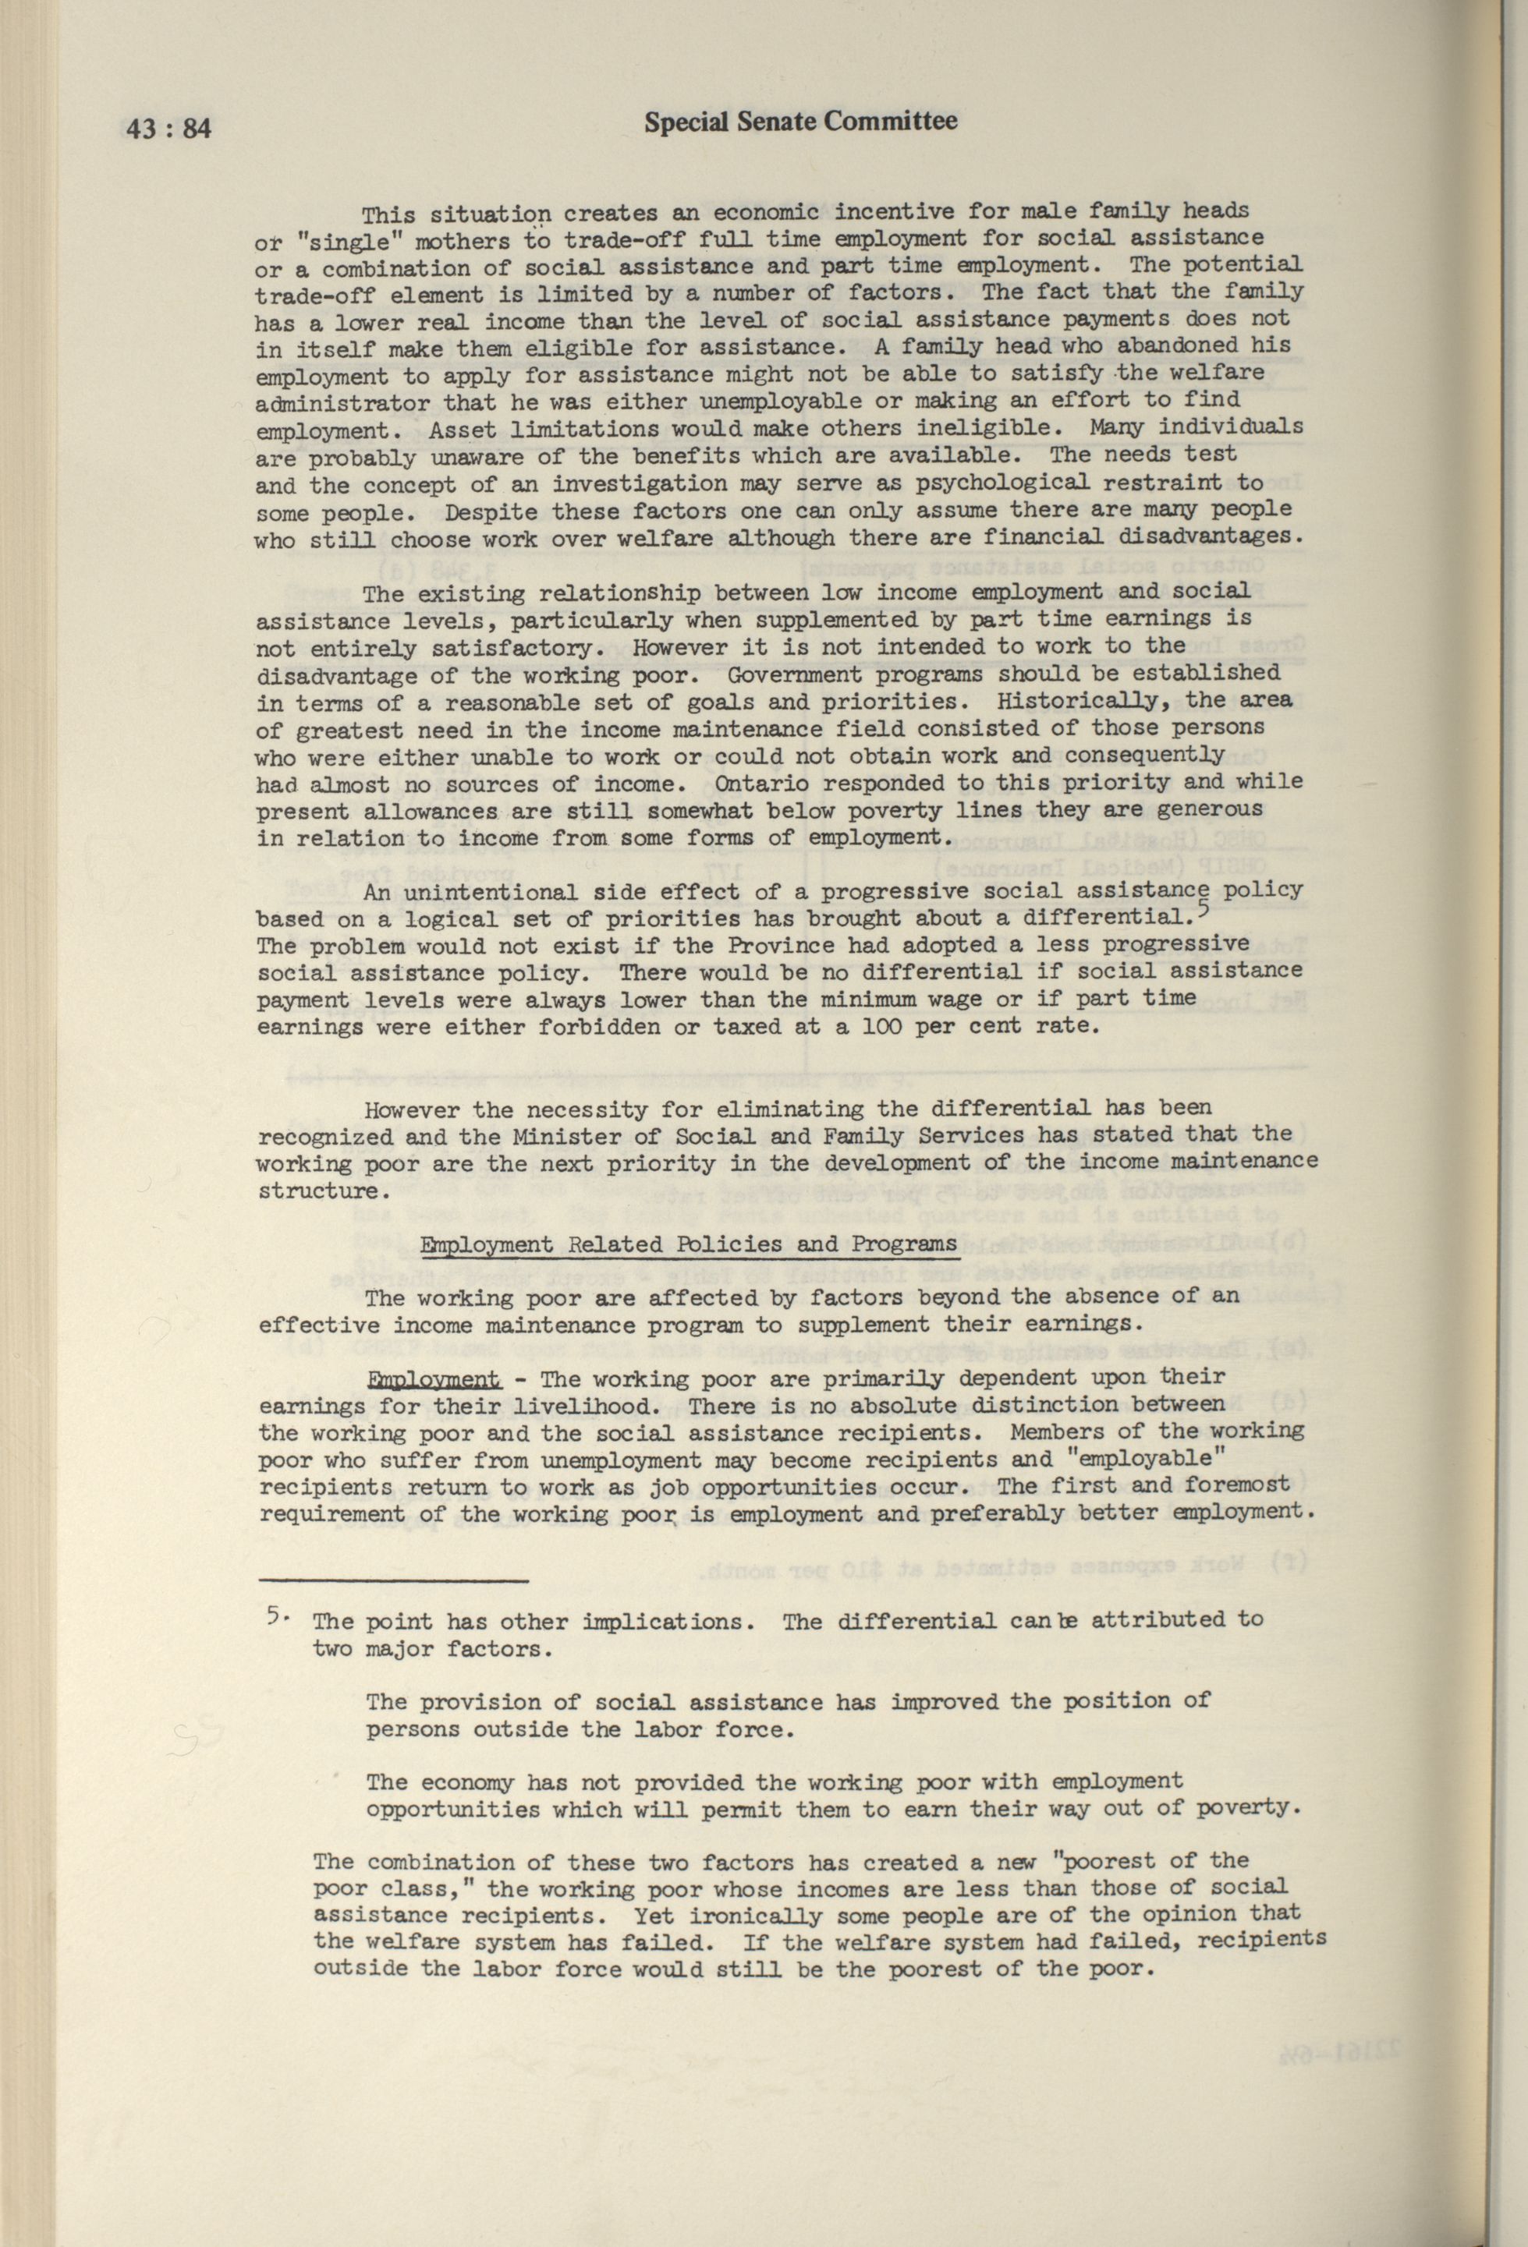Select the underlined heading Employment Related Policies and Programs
pyautogui.click(x=688, y=1244)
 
